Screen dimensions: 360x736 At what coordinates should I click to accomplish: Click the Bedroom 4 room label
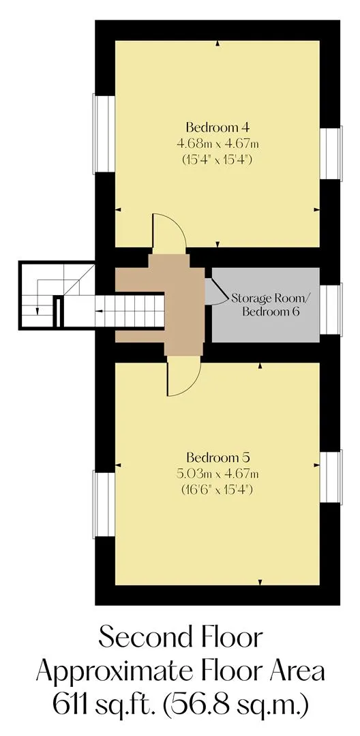point(217,127)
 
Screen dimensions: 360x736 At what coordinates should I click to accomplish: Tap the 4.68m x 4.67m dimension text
point(217,143)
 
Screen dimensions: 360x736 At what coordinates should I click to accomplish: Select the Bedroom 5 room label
point(217,457)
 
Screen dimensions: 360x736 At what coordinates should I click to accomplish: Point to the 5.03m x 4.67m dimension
point(217,473)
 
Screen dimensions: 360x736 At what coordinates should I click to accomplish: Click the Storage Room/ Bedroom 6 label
point(271,305)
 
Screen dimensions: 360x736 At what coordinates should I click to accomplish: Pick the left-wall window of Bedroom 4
point(104,134)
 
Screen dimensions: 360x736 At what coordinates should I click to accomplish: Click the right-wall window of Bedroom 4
point(331,153)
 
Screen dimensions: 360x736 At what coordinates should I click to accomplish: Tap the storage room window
point(331,309)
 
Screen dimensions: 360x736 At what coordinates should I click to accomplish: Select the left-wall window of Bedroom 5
point(104,504)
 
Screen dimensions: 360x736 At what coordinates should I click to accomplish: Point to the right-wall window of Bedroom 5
point(331,476)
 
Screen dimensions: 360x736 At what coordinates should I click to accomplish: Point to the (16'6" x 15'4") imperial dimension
point(217,489)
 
